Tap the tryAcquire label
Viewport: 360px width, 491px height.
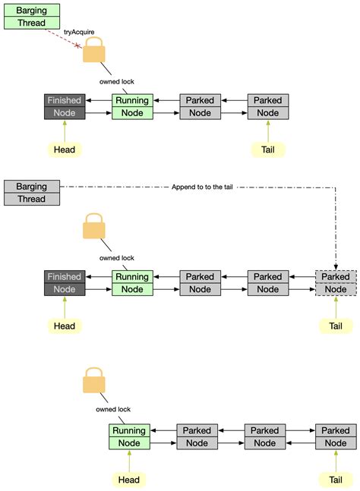[x=79, y=32]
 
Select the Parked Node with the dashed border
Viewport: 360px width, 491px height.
[x=335, y=283]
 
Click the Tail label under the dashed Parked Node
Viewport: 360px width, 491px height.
[x=335, y=326]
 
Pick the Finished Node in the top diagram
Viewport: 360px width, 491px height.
[x=65, y=107]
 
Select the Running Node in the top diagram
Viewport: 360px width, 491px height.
[x=133, y=107]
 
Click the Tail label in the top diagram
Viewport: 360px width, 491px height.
[x=267, y=150]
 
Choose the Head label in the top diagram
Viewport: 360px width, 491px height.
[x=65, y=150]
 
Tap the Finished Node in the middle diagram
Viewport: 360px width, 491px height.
[x=65, y=283]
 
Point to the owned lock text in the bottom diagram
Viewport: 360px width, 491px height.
[x=112, y=410]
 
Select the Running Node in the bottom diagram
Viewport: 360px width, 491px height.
[x=130, y=437]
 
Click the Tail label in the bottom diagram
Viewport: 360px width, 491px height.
[x=335, y=480]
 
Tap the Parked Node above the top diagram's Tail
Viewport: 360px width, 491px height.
[x=267, y=107]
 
